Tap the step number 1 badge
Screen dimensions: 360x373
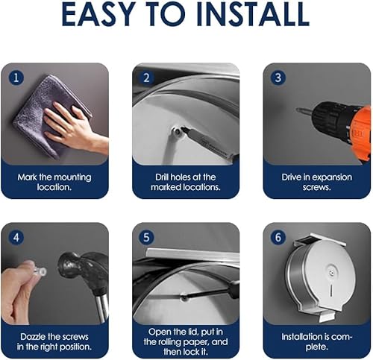16,78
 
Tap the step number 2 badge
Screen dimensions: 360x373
147,78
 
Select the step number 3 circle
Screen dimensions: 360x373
278,78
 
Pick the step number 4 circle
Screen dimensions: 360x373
16,238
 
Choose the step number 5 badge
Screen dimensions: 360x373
147,238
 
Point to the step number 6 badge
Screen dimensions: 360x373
278,238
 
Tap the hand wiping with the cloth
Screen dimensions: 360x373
75,127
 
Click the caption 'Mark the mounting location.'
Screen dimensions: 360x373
54,182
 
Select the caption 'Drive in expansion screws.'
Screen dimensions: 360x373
317,182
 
